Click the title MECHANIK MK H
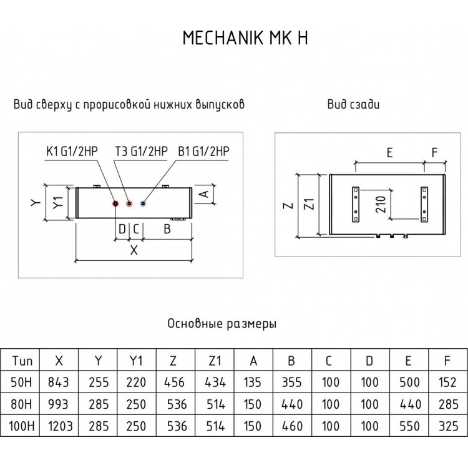(245, 39)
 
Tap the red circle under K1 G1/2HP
(115, 203)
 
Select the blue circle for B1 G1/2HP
(144, 203)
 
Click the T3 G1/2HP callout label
(141, 151)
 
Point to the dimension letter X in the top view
(134, 251)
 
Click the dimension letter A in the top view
(202, 193)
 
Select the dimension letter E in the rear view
(389, 152)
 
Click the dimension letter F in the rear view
(435, 152)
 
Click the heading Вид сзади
(353, 105)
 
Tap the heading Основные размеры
(222, 324)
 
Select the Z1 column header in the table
(215, 360)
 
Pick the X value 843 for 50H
(59, 382)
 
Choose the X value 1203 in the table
(59, 427)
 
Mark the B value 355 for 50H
(292, 382)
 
